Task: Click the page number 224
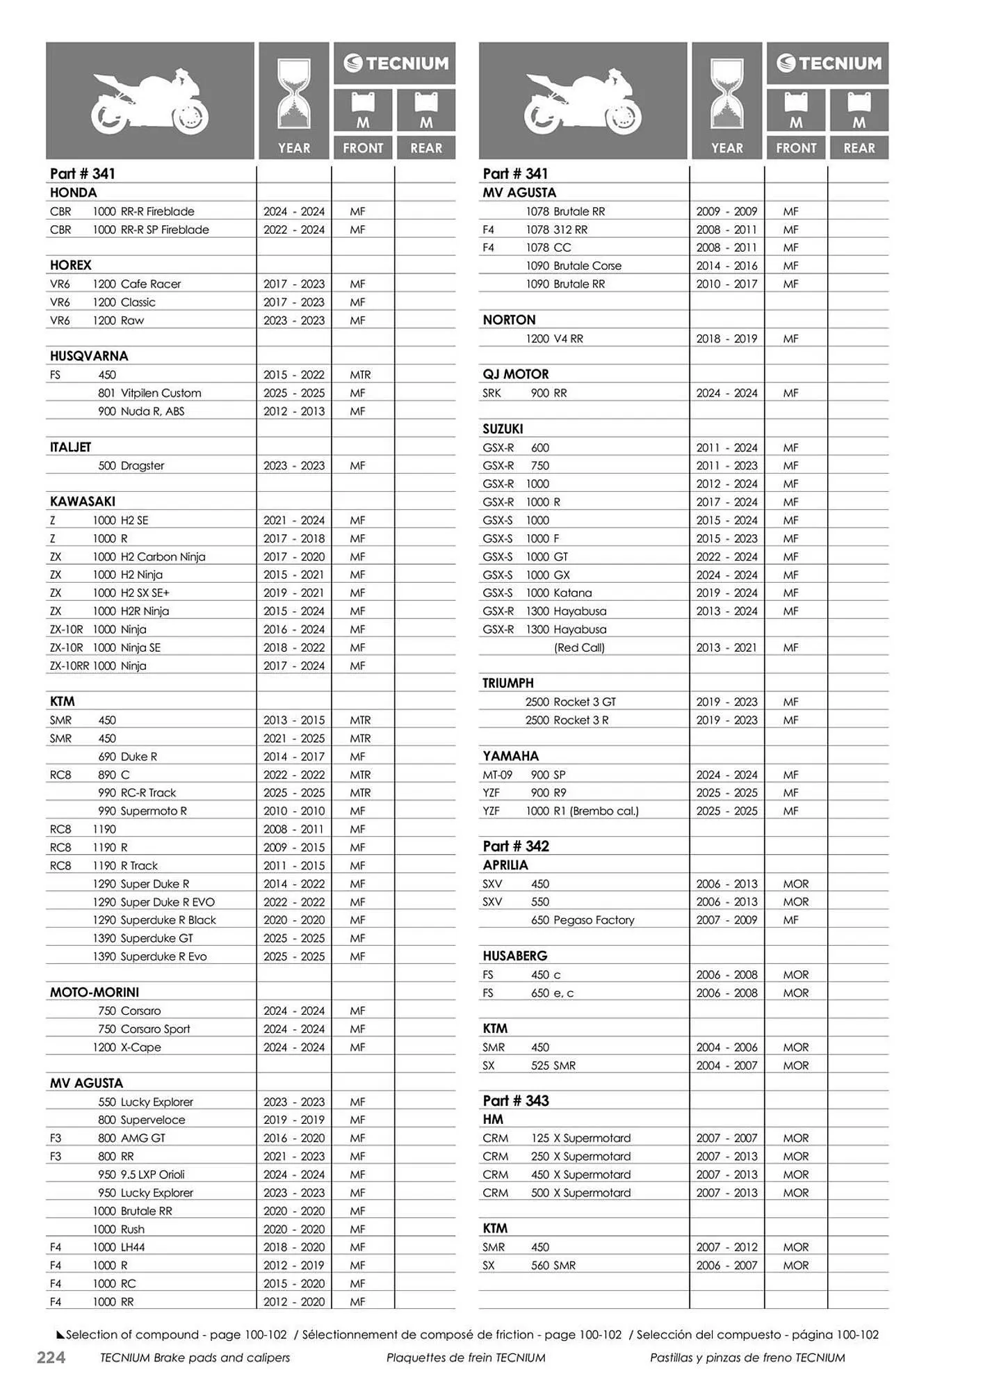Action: point(51,1357)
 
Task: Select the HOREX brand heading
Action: point(70,265)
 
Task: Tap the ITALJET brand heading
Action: point(70,447)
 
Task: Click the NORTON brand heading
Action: point(509,320)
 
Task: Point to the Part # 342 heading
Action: point(516,846)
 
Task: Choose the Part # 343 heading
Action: point(516,1101)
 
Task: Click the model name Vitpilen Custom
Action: point(161,393)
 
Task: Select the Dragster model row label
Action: point(143,466)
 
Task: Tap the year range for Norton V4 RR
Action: point(726,339)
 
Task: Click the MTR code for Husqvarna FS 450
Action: point(360,375)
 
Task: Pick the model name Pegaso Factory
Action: point(594,920)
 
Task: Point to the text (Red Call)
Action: point(579,648)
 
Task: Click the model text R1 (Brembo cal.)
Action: point(596,811)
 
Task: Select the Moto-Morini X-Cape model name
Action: point(140,1047)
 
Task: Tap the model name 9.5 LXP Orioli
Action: point(152,1175)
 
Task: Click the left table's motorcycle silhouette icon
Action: point(149,102)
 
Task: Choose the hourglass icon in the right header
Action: point(726,95)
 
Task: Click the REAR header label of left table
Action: point(426,148)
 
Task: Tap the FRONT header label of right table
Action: point(796,148)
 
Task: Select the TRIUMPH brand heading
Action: point(508,684)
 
